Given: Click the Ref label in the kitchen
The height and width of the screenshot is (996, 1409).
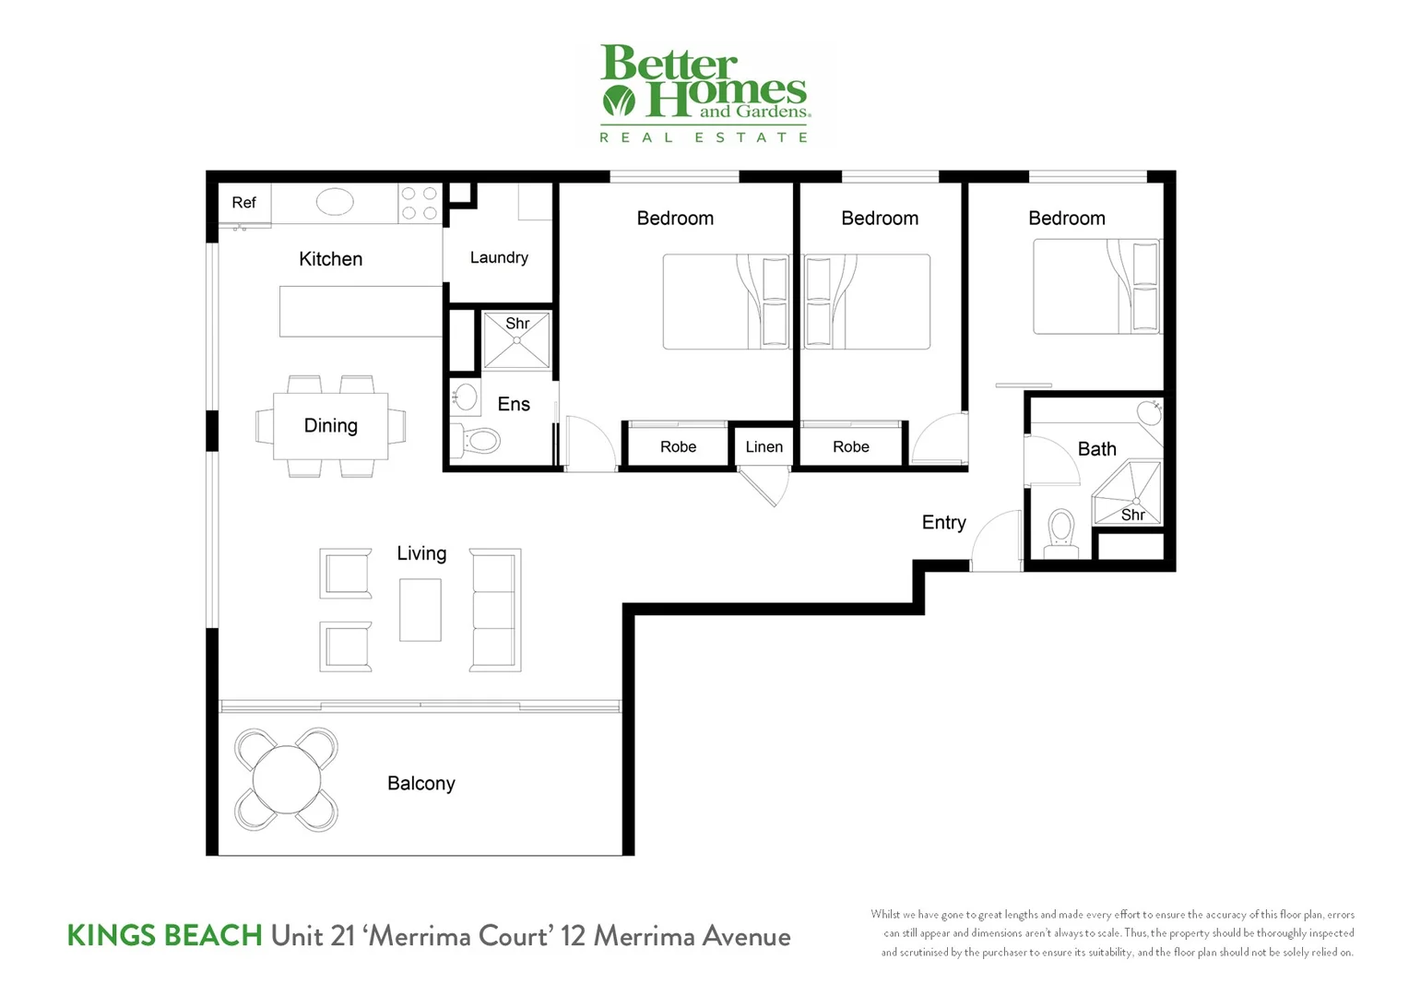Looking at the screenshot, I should tap(243, 203).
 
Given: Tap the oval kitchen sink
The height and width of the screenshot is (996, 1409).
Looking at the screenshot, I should tap(335, 202).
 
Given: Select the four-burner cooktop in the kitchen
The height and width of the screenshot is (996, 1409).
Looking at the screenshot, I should tap(420, 204).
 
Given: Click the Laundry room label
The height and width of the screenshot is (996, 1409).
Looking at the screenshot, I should tap(499, 257).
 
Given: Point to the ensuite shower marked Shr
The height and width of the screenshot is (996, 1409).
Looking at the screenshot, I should tap(516, 340).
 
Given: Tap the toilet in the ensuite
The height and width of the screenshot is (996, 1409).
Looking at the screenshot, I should tap(477, 440).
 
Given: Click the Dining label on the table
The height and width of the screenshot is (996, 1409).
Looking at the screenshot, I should tap(330, 425).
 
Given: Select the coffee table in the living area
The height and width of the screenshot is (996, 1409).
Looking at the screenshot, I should tap(420, 610).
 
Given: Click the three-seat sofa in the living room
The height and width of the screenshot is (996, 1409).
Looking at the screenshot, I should tap(495, 610).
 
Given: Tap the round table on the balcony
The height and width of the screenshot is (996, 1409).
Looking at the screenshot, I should tap(287, 779).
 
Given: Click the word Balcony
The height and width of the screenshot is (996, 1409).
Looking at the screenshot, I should tap(420, 783).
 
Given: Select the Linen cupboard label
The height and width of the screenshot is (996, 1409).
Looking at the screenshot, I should tap(764, 447).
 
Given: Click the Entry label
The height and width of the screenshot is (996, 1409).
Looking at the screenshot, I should tap(943, 523).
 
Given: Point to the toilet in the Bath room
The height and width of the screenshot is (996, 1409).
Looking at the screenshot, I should tap(1061, 533).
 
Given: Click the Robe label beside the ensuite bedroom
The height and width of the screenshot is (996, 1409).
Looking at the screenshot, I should tap(678, 447).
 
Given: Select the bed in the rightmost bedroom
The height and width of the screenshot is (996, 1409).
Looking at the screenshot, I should tap(1095, 287).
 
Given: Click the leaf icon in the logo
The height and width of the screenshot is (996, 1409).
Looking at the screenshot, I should tap(619, 100).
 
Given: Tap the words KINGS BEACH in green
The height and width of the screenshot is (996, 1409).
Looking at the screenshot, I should tap(164, 936).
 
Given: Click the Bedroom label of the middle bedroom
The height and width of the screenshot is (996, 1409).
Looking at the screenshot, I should tap(880, 219).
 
